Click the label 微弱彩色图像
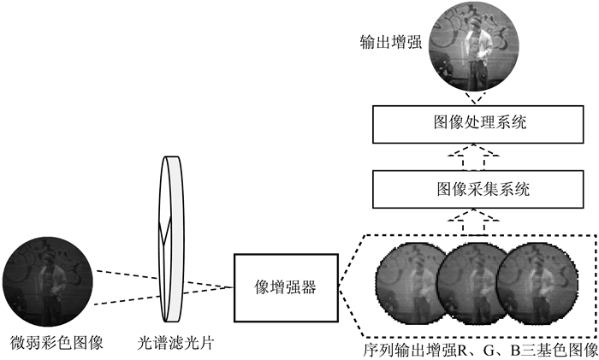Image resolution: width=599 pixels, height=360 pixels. point(56,342)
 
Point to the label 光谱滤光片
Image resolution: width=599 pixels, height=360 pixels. point(175,343)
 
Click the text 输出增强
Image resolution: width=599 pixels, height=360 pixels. point(391,42)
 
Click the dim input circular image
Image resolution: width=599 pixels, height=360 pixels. point(47,281)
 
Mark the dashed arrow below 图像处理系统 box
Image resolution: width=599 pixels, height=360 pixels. point(474,156)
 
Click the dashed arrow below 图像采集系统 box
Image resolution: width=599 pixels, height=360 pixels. point(474,221)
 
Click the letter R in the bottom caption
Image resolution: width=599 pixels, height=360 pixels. point(464,350)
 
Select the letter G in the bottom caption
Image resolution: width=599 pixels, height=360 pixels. point(491,350)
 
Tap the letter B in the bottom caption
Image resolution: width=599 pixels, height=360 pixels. point(519,350)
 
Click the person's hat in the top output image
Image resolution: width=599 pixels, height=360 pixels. point(475,21)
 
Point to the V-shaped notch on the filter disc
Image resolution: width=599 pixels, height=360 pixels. point(164,232)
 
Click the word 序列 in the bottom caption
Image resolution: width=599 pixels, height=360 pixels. point(378,350)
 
